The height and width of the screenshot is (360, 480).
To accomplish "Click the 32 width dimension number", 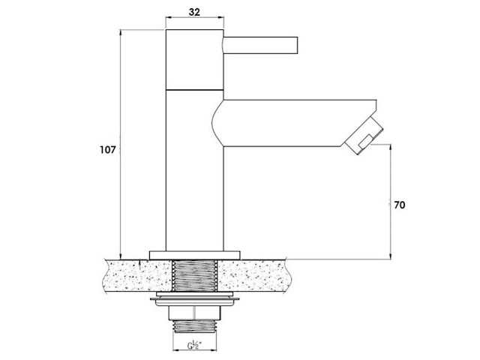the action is click(194, 12).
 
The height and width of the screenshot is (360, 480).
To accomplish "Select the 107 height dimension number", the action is click(108, 150).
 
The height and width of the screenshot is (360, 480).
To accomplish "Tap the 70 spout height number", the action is click(399, 205).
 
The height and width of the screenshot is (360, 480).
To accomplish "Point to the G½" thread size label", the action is click(194, 346).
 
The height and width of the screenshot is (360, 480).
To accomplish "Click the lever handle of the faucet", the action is click(260, 46).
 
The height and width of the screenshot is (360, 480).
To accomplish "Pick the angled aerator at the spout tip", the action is click(364, 136).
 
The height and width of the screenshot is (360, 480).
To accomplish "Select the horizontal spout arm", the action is click(294, 123).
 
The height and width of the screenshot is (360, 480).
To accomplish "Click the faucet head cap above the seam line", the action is click(195, 60).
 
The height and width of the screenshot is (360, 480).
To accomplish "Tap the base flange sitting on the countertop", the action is click(195, 256).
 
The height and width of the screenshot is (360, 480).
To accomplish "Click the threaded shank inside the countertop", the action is click(195, 275).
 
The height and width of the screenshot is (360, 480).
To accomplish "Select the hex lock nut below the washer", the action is click(195, 313).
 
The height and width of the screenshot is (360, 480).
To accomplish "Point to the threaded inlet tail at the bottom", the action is click(195, 326).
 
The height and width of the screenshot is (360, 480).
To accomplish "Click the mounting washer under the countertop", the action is click(195, 298).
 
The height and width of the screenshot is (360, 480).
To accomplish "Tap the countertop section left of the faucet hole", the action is click(137, 276).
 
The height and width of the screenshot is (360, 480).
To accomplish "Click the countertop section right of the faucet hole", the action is click(253, 276).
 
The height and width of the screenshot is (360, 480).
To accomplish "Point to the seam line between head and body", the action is click(195, 90).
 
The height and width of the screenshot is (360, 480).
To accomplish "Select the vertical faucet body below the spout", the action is click(195, 199).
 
